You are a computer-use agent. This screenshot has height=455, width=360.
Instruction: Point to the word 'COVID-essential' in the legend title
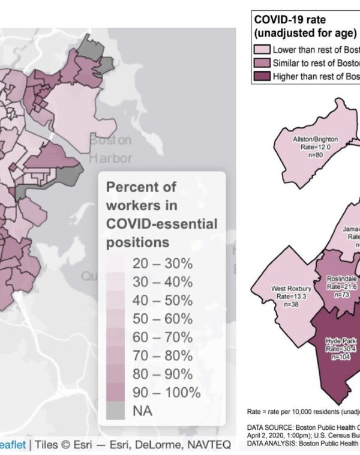coord(161,224)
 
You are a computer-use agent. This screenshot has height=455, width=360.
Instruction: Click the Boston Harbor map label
coord(110,149)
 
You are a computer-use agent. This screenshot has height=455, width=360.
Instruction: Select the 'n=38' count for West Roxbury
coord(291,304)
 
